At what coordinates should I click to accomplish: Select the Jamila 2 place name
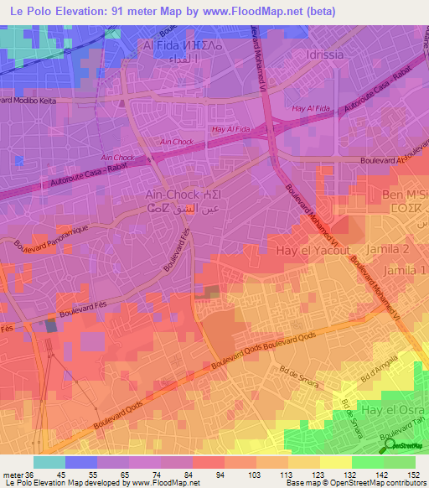point(400,250)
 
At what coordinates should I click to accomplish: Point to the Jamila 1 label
point(405,270)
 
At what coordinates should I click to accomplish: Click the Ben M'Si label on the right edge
point(406,195)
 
